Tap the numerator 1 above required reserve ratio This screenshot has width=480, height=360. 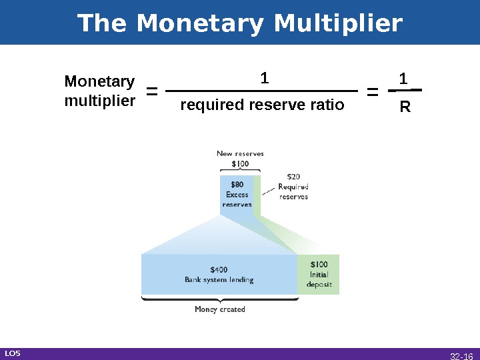point(264,79)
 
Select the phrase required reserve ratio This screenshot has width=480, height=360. point(263,105)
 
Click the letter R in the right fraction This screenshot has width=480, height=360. point(405,107)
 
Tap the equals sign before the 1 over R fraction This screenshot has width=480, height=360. point(373,92)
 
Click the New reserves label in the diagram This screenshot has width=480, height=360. point(240,153)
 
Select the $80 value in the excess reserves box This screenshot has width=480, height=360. point(237,185)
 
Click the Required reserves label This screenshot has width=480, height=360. point(293,192)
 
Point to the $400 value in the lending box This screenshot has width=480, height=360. point(219,270)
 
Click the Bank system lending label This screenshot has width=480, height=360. point(219,280)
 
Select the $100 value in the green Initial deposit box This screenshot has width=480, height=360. point(319,265)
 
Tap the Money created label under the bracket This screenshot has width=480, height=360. point(219,309)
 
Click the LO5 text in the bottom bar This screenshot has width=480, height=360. point(12,353)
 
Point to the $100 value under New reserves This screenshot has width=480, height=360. point(240,163)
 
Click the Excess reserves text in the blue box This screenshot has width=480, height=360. point(237,199)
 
